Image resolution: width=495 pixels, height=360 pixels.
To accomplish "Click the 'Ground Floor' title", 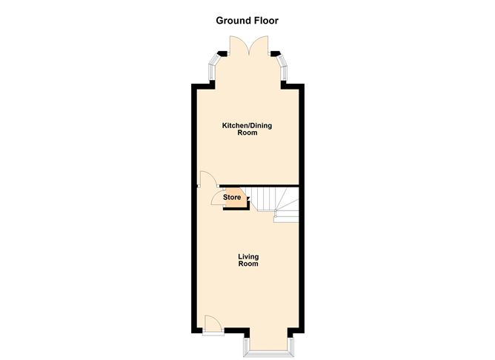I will (247, 20).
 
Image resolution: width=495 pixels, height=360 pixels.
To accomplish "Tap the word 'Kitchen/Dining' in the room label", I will (247, 126).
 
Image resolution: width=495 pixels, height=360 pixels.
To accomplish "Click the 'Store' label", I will (233, 197).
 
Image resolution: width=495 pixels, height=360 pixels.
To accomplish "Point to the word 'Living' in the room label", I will (248, 256).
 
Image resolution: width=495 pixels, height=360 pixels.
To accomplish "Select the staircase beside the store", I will (276, 201).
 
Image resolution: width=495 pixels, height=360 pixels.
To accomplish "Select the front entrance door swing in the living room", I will (211, 323).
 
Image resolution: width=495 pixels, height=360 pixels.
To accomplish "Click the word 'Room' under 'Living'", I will (248, 264).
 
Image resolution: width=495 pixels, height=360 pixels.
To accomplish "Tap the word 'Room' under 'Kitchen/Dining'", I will (247, 134).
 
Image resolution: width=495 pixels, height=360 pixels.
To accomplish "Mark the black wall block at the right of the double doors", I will (276, 54).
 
